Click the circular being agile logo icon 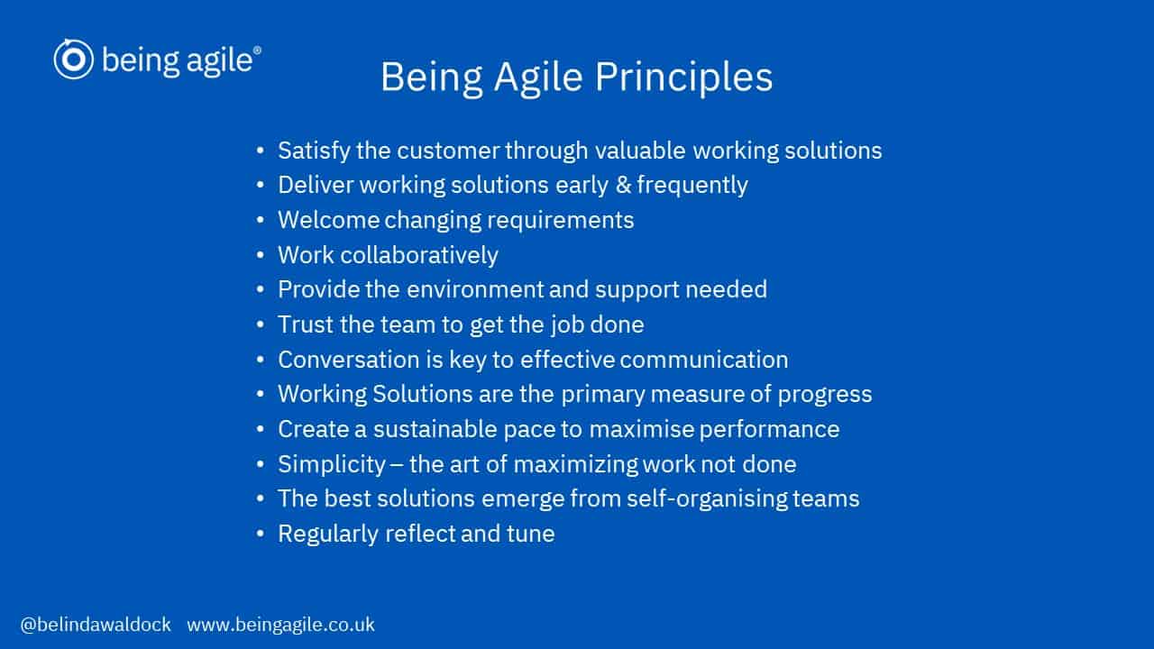point(73,59)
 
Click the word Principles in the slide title point(683,78)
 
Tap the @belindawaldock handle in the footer point(96,625)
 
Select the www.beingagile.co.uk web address point(280,625)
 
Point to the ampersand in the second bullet point(623,185)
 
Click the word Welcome point(329,220)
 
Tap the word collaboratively point(419,255)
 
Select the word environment point(475,289)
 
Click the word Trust point(306,324)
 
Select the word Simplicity point(332,464)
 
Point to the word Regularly point(328,535)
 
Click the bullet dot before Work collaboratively point(261,255)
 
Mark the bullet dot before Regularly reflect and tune point(261,534)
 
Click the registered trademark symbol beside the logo point(257,50)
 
